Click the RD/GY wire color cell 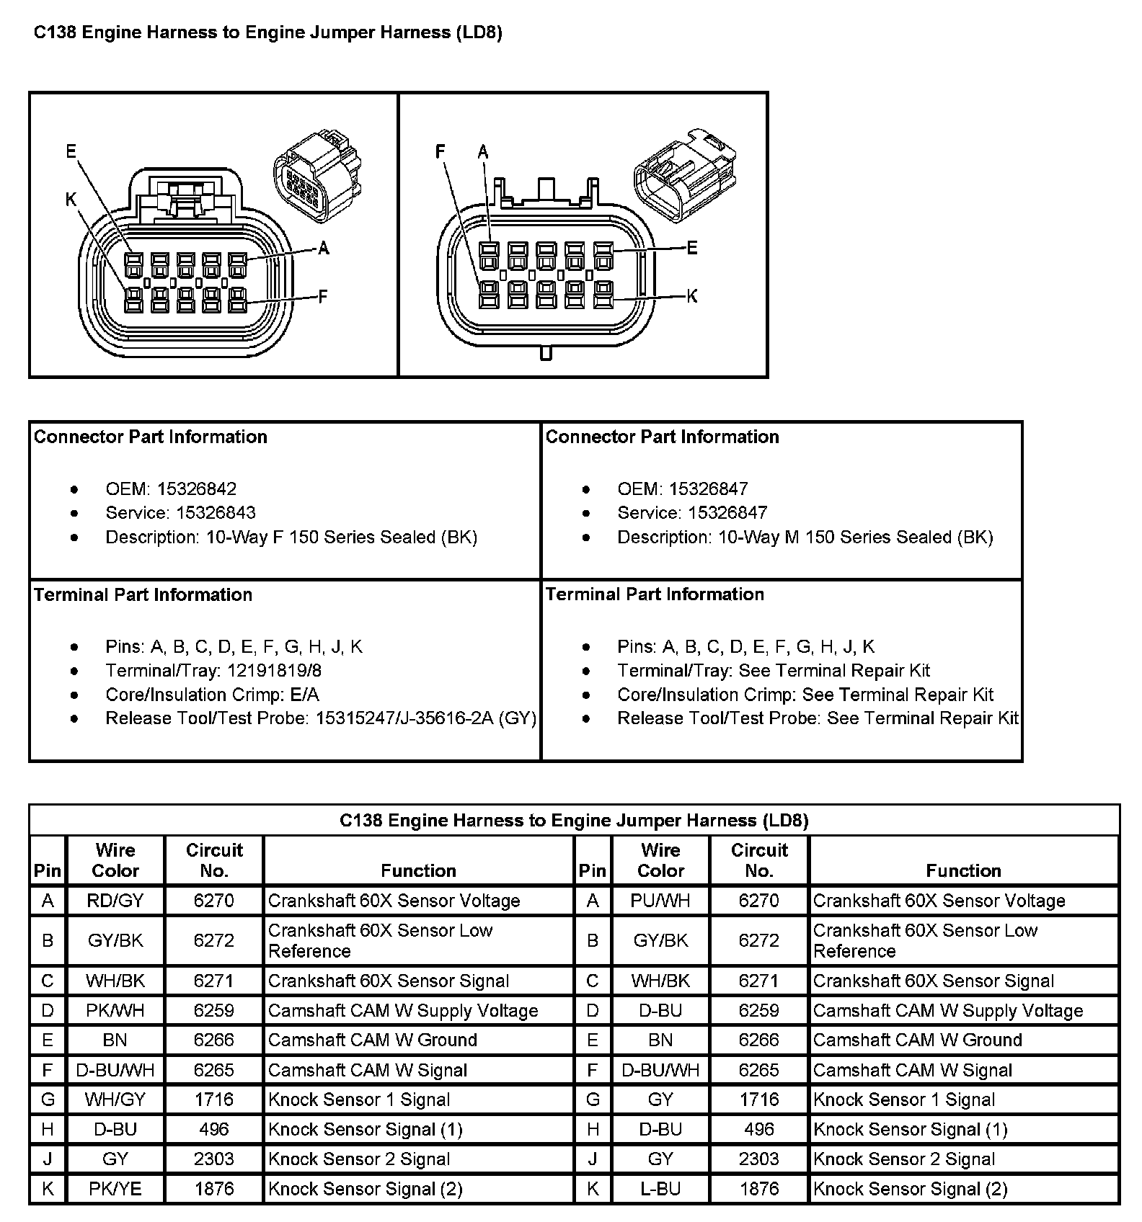coord(115,901)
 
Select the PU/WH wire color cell coord(660,901)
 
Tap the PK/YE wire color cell coord(115,1189)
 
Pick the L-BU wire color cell coord(660,1189)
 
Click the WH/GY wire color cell coord(115,1100)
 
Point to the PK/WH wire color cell coord(115,1011)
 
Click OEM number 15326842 coord(197,489)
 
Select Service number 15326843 coord(216,512)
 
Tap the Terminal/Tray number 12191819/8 coord(275,670)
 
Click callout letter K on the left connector coord(71,200)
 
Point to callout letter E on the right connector coord(692,248)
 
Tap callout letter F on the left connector coord(323,295)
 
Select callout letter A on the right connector coord(483,151)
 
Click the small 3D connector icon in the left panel coord(317,177)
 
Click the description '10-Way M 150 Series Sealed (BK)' coord(856,537)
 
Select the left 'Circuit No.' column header coord(214,860)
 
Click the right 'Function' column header coord(963,870)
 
